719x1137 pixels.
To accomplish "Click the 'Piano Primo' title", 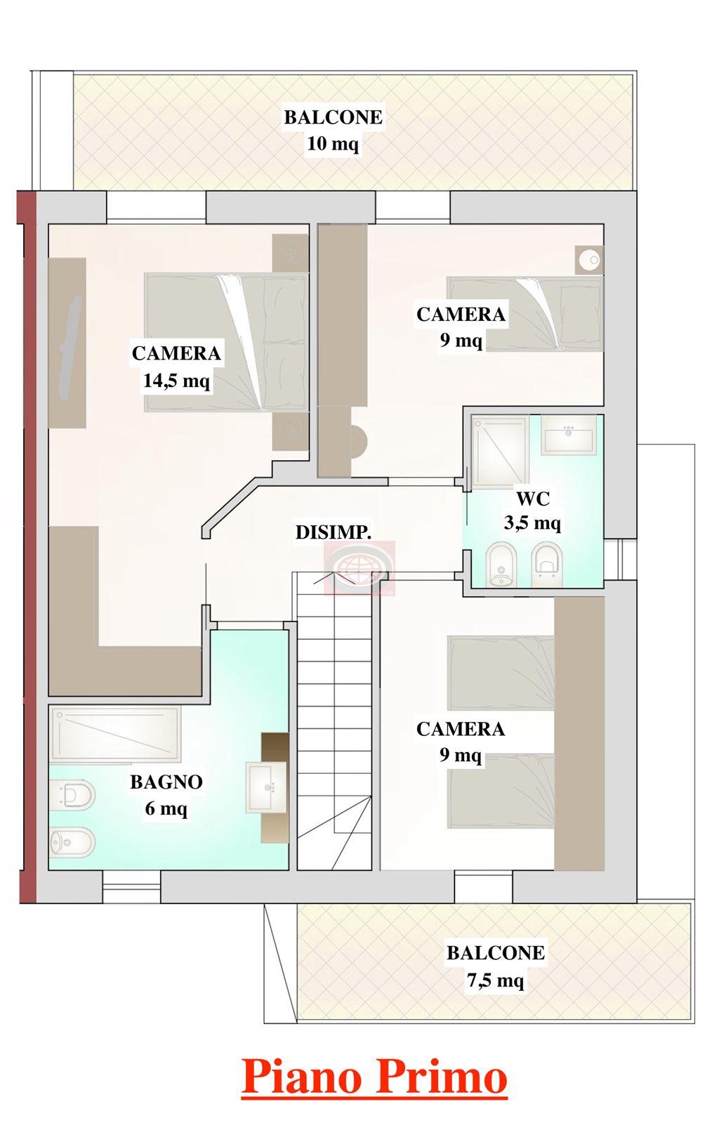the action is pyautogui.click(x=374, y=1077).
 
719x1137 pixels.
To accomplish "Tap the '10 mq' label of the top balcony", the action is pyautogui.click(x=332, y=144).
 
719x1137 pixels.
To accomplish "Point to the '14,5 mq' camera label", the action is pyautogui.click(x=176, y=381).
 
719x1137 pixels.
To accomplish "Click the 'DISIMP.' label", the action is pyautogui.click(x=334, y=532).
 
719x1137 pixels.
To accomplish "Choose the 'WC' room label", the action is pyautogui.click(x=533, y=499).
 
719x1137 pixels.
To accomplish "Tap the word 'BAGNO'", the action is pyautogui.click(x=166, y=782).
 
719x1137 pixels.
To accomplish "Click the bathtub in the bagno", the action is pyautogui.click(x=115, y=733).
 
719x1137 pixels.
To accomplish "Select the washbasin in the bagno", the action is pyautogui.click(x=267, y=787).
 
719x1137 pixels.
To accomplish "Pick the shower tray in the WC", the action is pyautogui.click(x=500, y=447).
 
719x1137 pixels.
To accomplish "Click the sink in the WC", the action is pyautogui.click(x=568, y=435).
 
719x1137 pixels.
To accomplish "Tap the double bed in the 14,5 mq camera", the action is pyautogui.click(x=226, y=342).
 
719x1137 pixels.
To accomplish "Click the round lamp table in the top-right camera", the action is pyautogui.click(x=589, y=261).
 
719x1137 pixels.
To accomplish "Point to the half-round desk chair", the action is pyautogui.click(x=359, y=440).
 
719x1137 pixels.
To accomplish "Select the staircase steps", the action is pyautogui.click(x=334, y=721).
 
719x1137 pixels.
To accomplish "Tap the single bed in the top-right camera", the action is pyautogui.click(x=525, y=314).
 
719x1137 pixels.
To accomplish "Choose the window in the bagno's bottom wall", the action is pyautogui.click(x=131, y=886).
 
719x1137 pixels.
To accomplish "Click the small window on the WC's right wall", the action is pyautogui.click(x=620, y=559).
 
